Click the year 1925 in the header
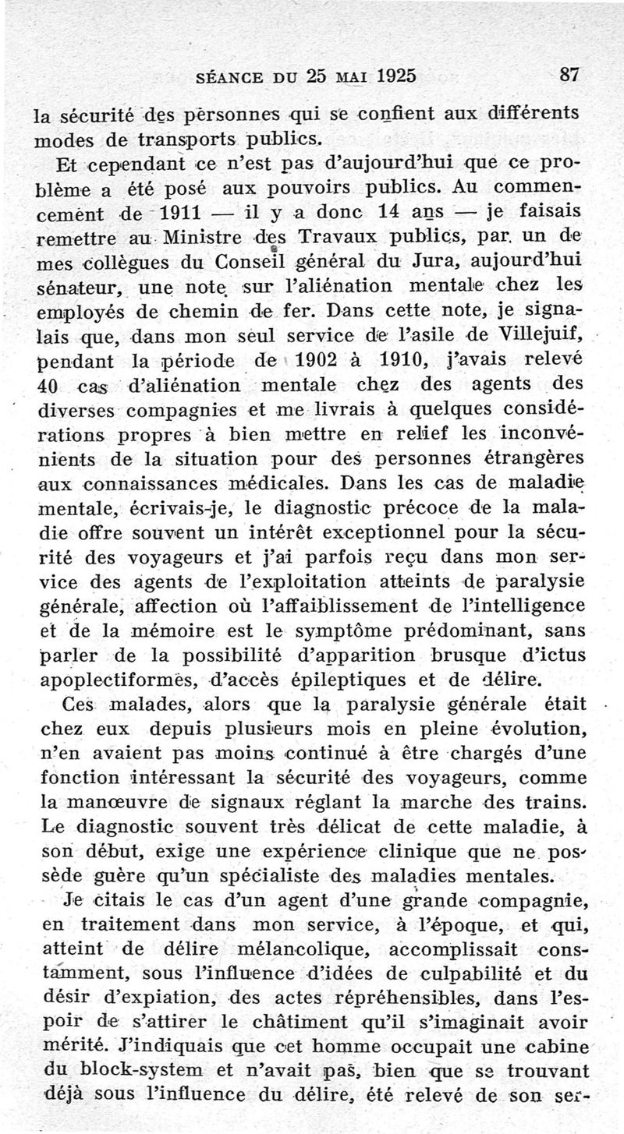tap(385, 76)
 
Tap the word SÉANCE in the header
tap(233, 77)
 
